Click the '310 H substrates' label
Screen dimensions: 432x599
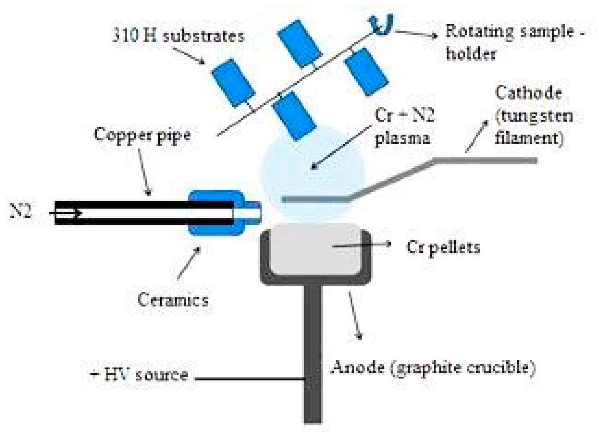coord(178,36)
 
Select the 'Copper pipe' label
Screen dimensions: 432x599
coord(142,135)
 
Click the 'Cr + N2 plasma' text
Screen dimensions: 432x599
coord(404,127)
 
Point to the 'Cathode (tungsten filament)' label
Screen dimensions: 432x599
coord(533,115)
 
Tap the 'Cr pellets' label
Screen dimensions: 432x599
coord(443,247)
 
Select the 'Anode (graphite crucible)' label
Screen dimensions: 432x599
coord(432,368)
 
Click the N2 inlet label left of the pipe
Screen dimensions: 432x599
coord(21,212)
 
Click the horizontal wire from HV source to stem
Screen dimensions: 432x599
coord(250,379)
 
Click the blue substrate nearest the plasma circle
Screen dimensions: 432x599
coord(294,116)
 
